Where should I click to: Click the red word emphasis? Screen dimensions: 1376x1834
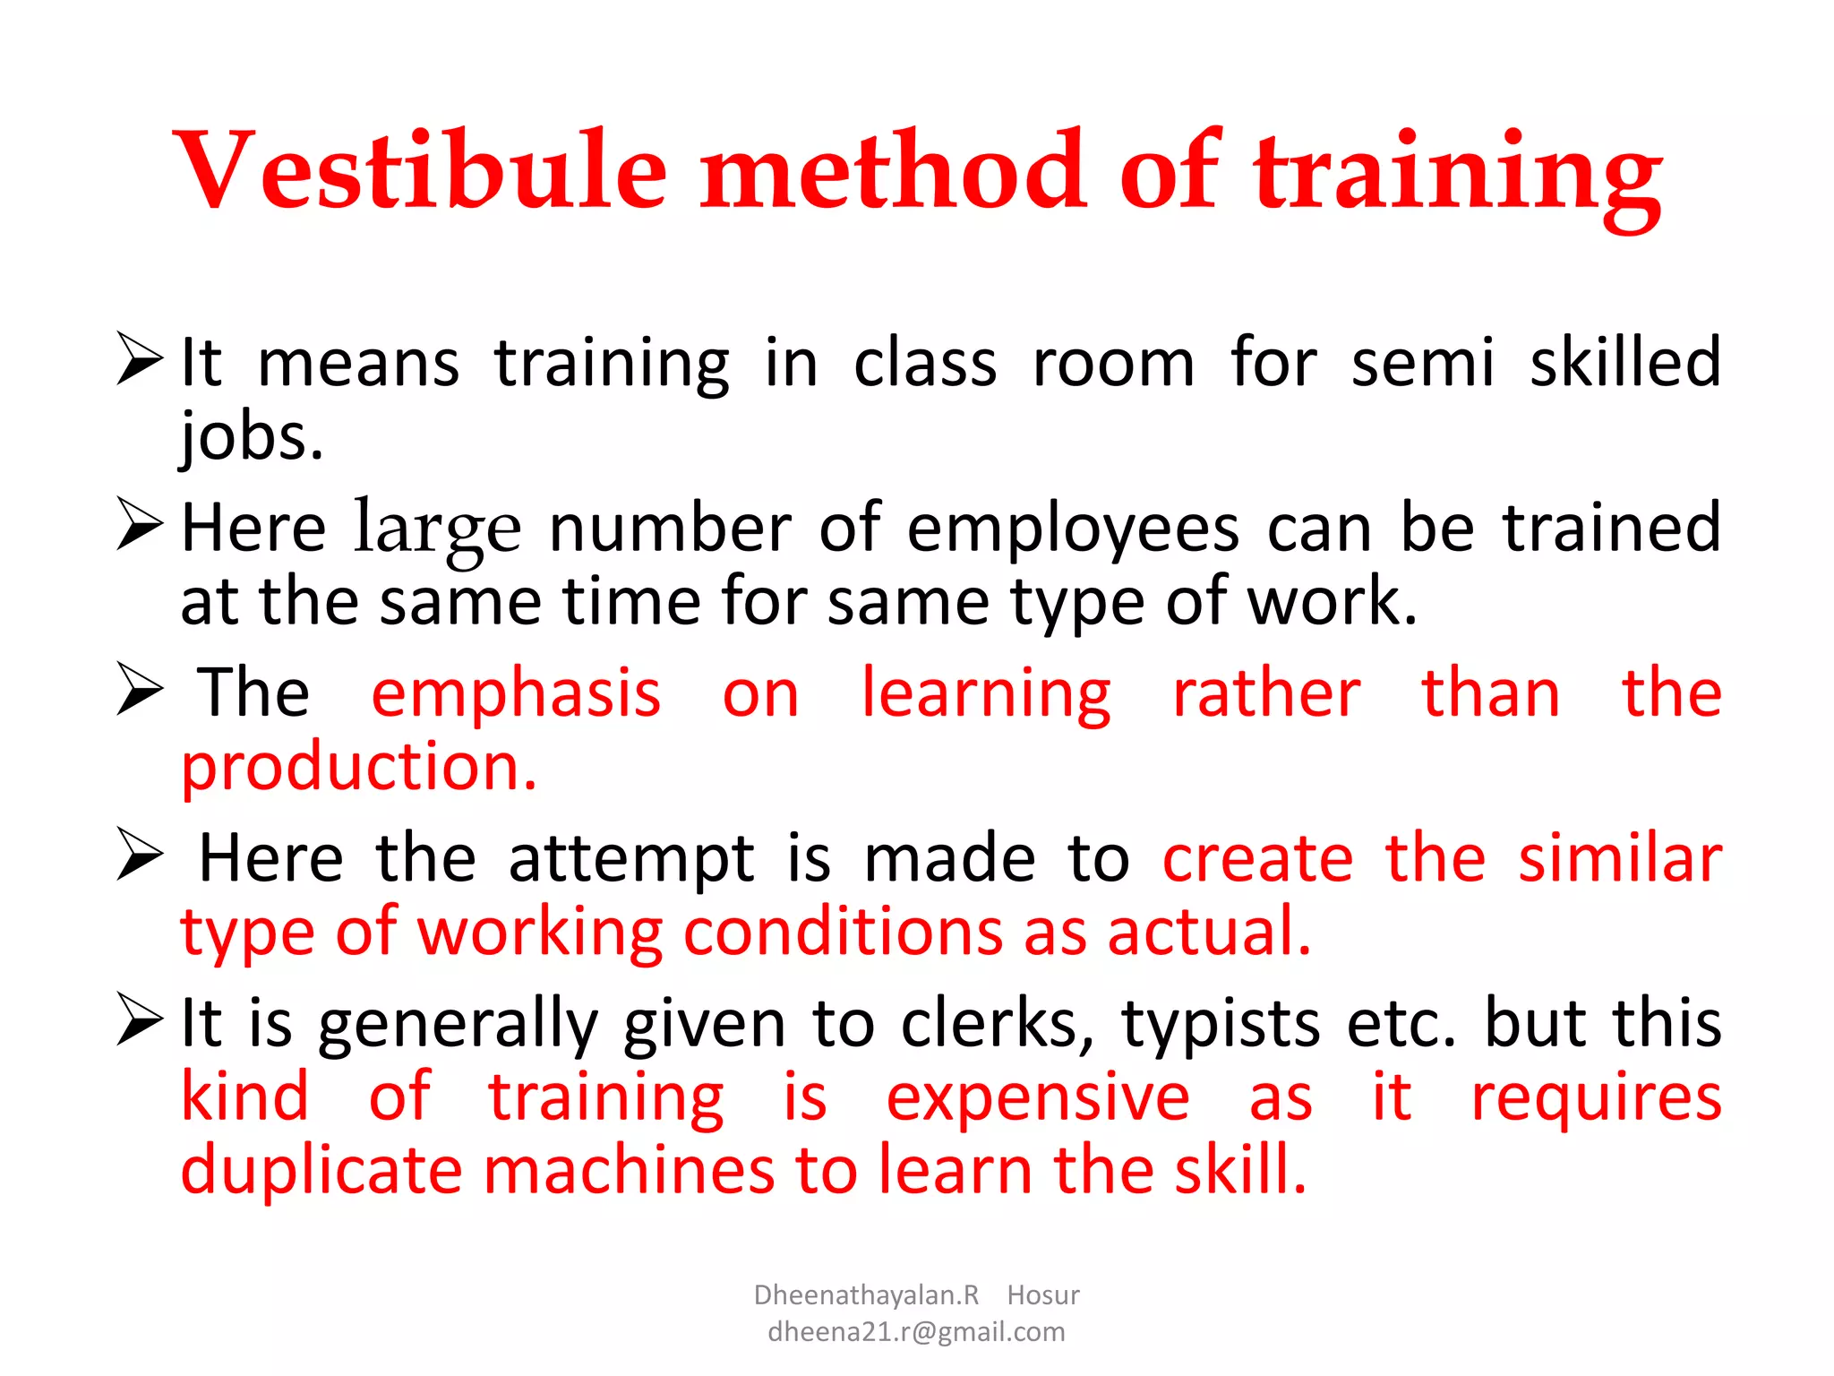[x=516, y=694]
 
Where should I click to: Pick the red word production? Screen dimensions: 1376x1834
[x=358, y=769]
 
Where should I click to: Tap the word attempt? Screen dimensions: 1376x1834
[x=632, y=859]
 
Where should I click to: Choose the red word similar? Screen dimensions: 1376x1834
[x=1620, y=859]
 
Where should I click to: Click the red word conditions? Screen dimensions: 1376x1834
[x=843, y=933]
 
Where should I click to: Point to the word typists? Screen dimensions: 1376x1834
[x=1221, y=1024]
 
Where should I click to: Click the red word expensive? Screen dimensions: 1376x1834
[x=1038, y=1098]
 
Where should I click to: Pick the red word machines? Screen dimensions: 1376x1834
[x=629, y=1171]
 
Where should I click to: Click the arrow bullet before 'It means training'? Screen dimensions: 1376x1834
[x=140, y=358]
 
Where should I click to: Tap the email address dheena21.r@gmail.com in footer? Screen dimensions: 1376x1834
[x=916, y=1332]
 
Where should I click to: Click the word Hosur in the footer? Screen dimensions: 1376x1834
[x=1043, y=1295]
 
